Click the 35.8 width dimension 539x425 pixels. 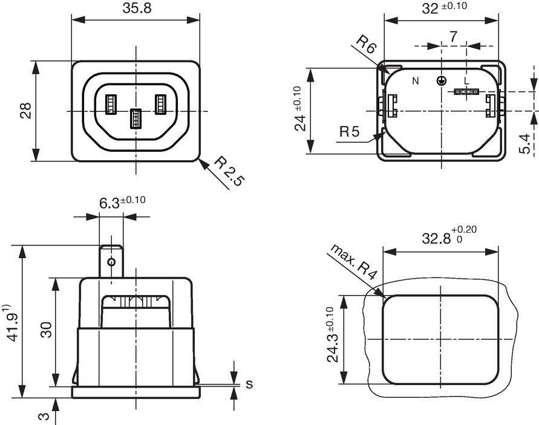[137, 8]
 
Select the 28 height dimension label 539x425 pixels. [26, 111]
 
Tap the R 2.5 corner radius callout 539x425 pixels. [229, 171]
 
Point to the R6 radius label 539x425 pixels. [365, 44]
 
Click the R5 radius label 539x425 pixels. [349, 131]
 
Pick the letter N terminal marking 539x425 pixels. [416, 81]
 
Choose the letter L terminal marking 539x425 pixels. [466, 81]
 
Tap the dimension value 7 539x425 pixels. [454, 36]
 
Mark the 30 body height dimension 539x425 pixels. [46, 330]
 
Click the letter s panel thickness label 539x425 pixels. [249, 384]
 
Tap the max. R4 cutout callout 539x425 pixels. [354, 262]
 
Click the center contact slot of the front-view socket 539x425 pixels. [136, 118]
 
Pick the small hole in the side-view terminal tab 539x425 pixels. [111, 262]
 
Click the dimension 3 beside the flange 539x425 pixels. [44, 417]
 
